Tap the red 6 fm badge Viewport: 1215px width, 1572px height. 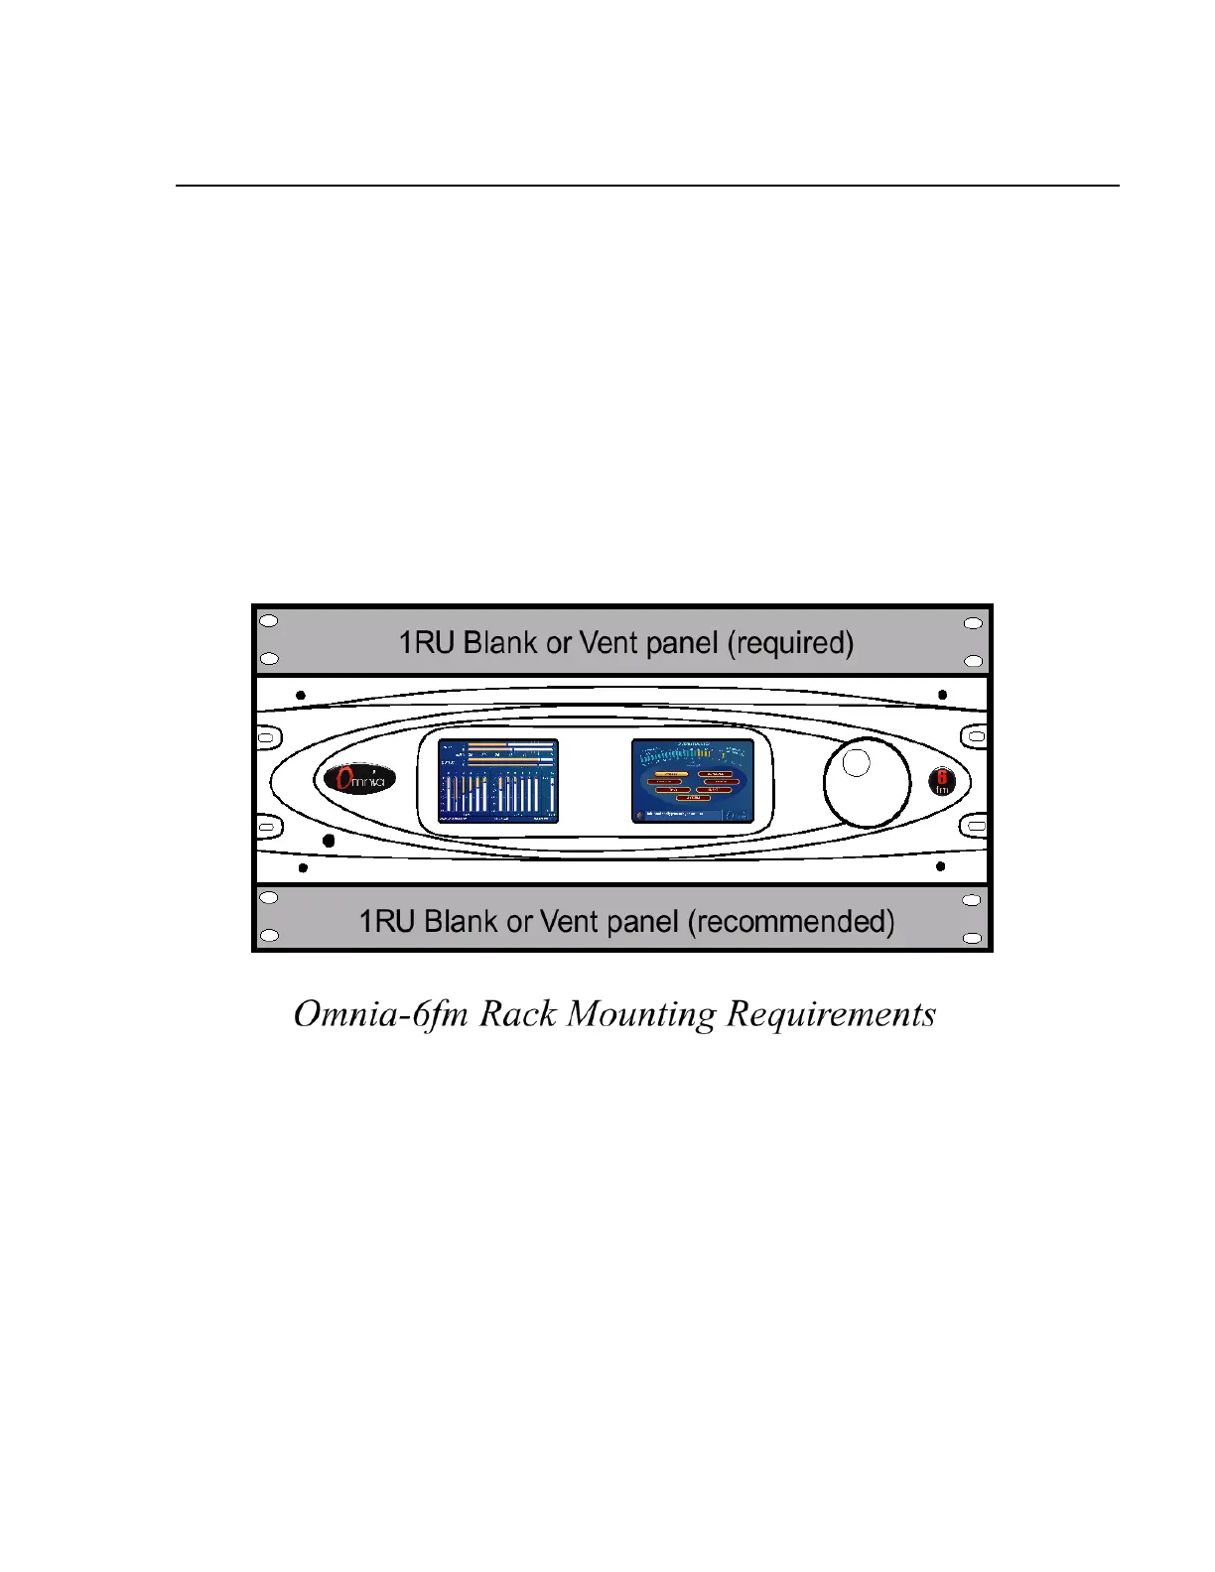tap(941, 782)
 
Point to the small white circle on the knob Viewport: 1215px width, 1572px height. tap(856, 762)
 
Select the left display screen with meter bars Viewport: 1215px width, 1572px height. tap(498, 781)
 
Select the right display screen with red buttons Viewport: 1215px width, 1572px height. tap(691, 781)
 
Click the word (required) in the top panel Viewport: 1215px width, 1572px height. tap(790, 643)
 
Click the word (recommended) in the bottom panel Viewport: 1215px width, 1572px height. tap(791, 922)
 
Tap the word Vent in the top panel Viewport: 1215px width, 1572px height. tap(608, 643)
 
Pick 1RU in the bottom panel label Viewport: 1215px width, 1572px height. tap(386, 922)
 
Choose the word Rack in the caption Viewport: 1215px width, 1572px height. tap(517, 1014)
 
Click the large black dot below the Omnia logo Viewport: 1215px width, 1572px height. tap(329, 842)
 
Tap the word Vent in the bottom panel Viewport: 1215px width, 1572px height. tap(568, 922)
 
